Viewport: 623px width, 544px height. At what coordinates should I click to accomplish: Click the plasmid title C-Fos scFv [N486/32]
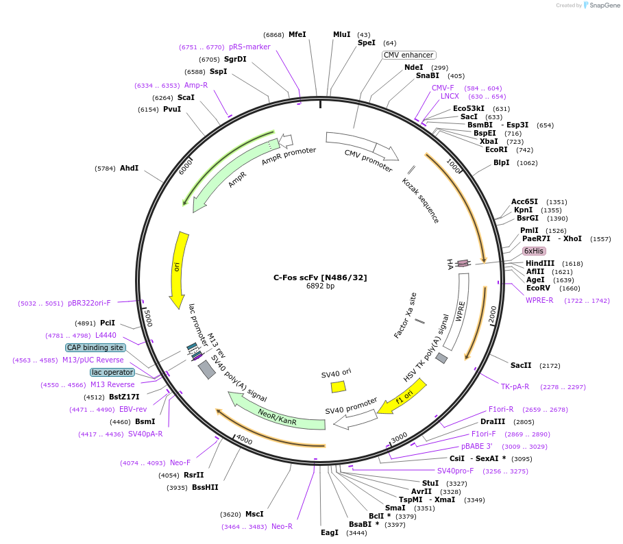[320, 277]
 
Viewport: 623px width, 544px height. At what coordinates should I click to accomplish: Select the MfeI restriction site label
[297, 34]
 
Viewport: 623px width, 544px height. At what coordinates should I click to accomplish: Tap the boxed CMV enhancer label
[408, 55]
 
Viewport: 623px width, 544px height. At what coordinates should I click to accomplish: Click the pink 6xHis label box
[534, 251]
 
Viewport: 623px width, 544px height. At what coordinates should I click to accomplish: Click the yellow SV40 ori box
[338, 386]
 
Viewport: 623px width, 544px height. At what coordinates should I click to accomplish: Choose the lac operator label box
[112, 372]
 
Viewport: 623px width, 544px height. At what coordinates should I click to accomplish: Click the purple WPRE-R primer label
[539, 300]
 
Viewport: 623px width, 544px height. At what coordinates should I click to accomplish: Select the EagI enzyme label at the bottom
[330, 532]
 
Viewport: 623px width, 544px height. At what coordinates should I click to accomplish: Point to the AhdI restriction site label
[129, 168]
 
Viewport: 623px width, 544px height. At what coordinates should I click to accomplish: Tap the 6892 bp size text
[320, 286]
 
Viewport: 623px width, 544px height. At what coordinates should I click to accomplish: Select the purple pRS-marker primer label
[249, 47]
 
